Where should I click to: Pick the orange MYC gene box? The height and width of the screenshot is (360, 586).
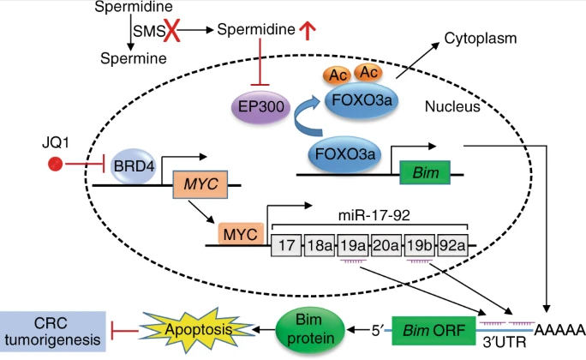click(x=195, y=184)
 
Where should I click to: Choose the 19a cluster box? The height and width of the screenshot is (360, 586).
click(x=352, y=246)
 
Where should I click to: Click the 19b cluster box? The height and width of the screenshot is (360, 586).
click(x=419, y=246)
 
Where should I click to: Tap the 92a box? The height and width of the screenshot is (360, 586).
click(x=452, y=246)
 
